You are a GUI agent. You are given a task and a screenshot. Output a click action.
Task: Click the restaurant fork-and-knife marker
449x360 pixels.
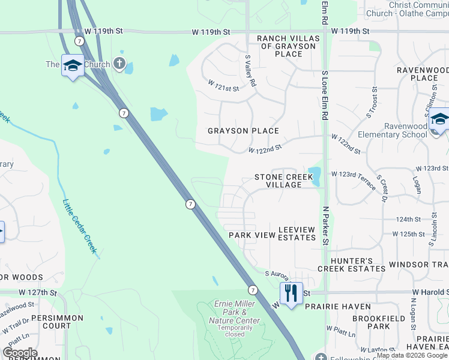coord(291,293)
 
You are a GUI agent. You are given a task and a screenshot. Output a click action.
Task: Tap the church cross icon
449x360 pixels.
coord(119,64)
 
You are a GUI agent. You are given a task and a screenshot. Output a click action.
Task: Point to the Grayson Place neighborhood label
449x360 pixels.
coord(243,131)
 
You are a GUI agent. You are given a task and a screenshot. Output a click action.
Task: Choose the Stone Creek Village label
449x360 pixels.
coord(284,181)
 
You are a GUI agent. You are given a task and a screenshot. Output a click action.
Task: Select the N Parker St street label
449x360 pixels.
coord(326,226)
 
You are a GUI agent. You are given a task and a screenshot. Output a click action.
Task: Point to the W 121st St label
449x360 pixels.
coord(223,86)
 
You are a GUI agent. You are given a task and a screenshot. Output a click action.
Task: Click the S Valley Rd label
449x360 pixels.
coord(250,70)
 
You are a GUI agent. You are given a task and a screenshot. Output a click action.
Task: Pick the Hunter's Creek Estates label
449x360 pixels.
coord(351,264)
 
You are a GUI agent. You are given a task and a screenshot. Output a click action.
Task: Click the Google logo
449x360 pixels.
coord(20,353)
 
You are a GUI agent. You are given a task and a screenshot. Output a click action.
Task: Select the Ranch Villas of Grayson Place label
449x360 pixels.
coord(280,46)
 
